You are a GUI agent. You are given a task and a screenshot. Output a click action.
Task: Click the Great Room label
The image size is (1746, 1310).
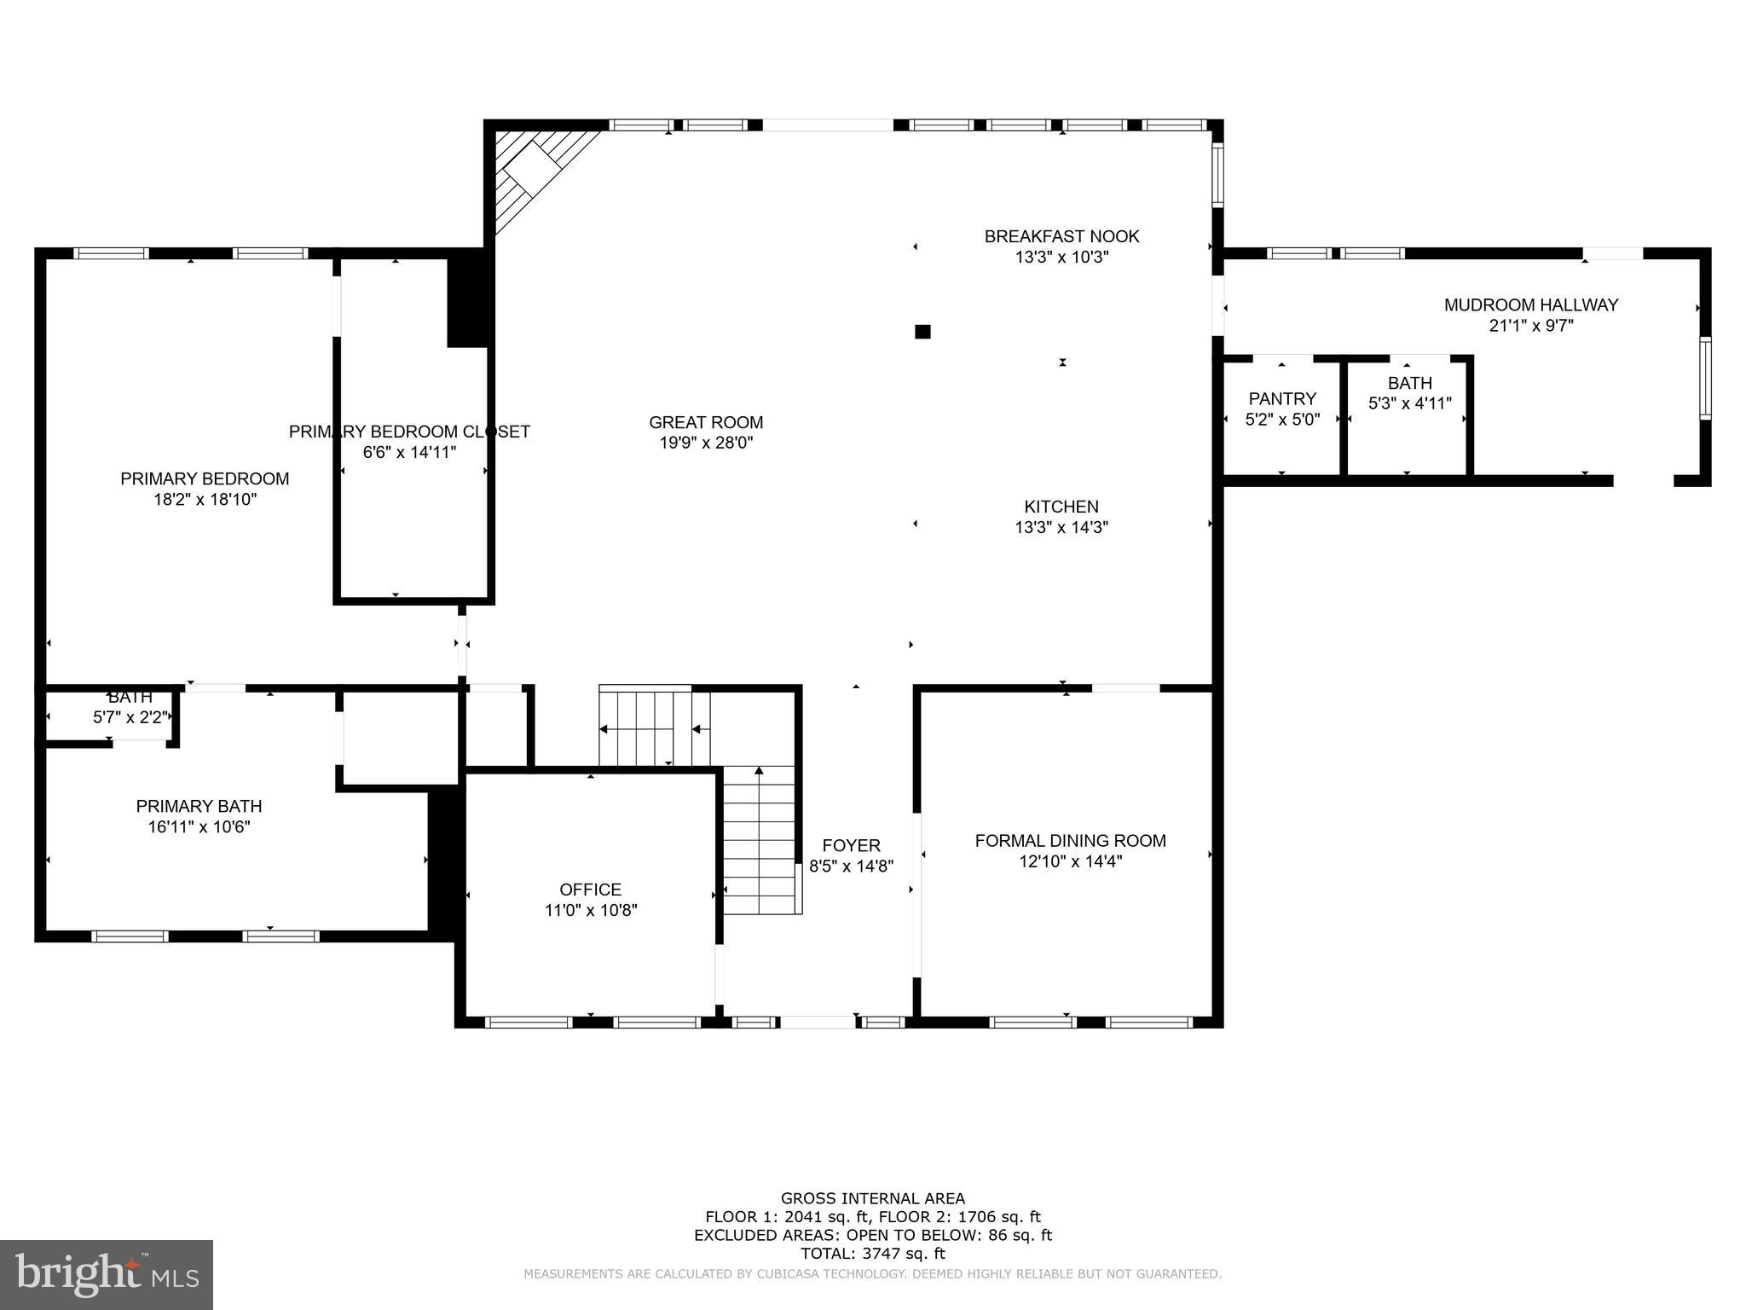pyautogui.click(x=706, y=422)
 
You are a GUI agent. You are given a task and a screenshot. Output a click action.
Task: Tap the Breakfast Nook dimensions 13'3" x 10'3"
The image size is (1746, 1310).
pyautogui.click(x=1061, y=257)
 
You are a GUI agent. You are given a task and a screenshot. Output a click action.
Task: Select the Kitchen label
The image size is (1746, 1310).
pyautogui.click(x=1061, y=507)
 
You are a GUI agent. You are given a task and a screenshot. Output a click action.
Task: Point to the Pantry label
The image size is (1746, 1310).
pyautogui.click(x=1282, y=398)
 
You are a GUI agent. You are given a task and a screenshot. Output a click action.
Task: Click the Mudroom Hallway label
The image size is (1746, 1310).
pyautogui.click(x=1530, y=304)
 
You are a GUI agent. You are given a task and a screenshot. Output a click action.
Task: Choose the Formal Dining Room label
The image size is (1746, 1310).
pyautogui.click(x=1070, y=841)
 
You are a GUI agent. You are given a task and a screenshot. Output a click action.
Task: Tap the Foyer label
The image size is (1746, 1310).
pyautogui.click(x=851, y=845)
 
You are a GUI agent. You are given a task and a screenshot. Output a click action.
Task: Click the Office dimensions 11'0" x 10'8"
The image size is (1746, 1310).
pyautogui.click(x=591, y=910)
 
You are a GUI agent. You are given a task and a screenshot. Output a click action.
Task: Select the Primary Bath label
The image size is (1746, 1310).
pyautogui.click(x=199, y=806)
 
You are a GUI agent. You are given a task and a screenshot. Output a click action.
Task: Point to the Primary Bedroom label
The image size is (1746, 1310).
pyautogui.click(x=205, y=478)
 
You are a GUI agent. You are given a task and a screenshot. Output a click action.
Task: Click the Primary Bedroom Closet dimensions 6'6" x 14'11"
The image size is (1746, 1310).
pyautogui.click(x=409, y=452)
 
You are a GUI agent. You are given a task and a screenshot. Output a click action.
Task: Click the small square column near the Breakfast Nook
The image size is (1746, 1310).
pyautogui.click(x=922, y=332)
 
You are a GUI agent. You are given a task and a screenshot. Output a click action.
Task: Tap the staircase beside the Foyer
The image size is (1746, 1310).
pyautogui.click(x=759, y=840)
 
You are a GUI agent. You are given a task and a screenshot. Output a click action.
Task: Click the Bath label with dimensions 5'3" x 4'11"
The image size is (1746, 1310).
pyautogui.click(x=1409, y=383)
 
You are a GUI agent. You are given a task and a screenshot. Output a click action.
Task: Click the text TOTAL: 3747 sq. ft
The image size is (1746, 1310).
pyautogui.click(x=872, y=1254)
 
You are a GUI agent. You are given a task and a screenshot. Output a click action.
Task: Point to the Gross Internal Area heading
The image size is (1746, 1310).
pyautogui.click(x=872, y=1198)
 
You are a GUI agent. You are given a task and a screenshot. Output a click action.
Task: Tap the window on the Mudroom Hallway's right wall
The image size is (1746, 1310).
pyautogui.click(x=1704, y=378)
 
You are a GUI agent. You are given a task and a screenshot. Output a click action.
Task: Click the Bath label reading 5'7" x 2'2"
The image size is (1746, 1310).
pyautogui.click(x=130, y=698)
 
